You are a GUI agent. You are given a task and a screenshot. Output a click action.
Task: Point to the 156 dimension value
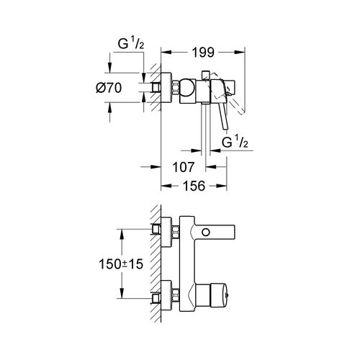(x=192, y=185)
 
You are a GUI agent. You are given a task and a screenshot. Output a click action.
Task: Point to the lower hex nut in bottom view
(x=176, y=296)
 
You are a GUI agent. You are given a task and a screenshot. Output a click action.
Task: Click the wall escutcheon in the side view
(x=165, y=88)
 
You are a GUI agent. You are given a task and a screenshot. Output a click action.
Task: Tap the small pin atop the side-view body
(x=207, y=73)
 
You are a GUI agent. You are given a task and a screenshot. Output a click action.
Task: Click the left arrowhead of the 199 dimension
(x=163, y=53)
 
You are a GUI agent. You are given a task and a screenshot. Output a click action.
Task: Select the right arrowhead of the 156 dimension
(x=225, y=185)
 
